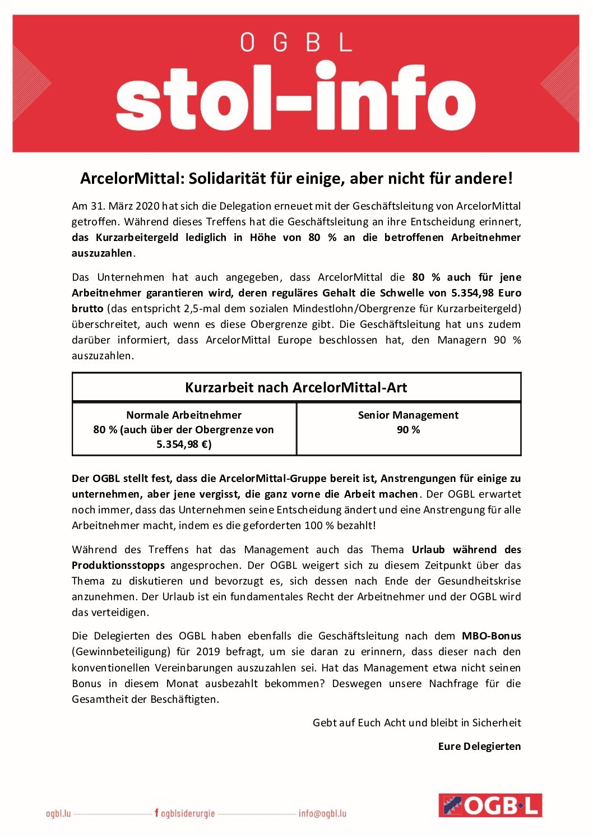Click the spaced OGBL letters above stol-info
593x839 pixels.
(x=295, y=43)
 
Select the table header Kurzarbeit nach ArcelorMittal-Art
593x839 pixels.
(x=296, y=387)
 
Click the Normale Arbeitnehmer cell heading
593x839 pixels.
(x=184, y=415)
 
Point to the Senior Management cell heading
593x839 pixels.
(x=408, y=415)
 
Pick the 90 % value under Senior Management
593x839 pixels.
(x=408, y=430)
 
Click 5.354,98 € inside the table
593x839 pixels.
(x=184, y=444)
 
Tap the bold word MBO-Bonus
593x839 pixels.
(x=491, y=636)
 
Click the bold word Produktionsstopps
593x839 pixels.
(x=118, y=565)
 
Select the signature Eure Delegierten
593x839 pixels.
(x=479, y=747)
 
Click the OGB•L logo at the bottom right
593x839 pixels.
(x=490, y=805)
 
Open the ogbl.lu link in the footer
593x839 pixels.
(x=58, y=813)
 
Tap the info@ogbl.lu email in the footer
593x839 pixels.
(x=322, y=813)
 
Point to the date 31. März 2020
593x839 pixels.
(x=116, y=206)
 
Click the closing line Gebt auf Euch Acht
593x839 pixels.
(x=416, y=723)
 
